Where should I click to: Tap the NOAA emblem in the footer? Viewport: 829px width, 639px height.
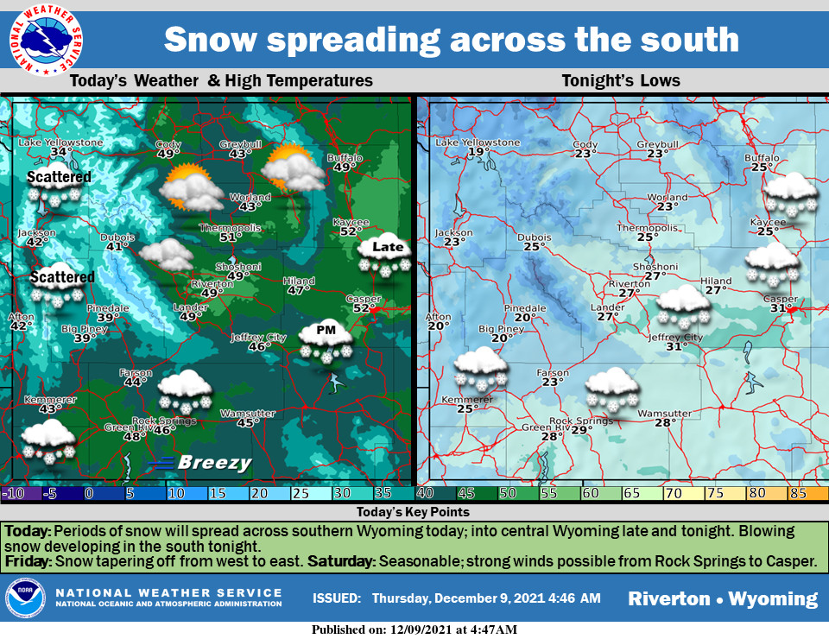[x=25, y=598]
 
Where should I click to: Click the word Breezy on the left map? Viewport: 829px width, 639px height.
[x=214, y=464]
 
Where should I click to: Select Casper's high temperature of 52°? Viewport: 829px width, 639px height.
[x=362, y=308]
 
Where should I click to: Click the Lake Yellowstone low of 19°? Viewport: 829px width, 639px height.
[x=478, y=152]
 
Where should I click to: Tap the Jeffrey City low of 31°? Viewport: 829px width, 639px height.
[x=676, y=346]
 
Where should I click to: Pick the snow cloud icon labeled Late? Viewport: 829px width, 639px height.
[x=386, y=257]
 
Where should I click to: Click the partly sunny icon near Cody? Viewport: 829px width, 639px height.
[x=190, y=188]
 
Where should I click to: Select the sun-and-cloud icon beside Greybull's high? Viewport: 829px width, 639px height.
[x=294, y=168]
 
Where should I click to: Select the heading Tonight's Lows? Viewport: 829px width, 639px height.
[x=621, y=81]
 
